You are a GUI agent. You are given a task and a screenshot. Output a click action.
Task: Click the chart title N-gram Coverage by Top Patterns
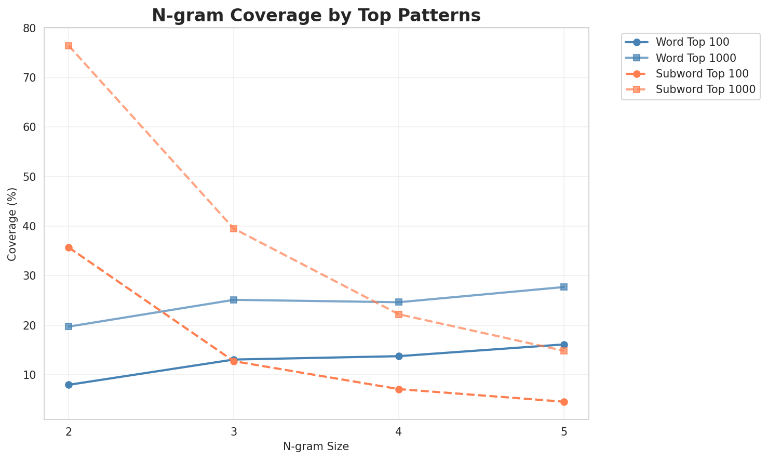[x=316, y=16]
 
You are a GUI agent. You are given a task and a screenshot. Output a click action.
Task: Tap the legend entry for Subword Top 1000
[x=705, y=89]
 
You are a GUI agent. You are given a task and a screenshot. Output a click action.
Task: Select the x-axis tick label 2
[x=69, y=431]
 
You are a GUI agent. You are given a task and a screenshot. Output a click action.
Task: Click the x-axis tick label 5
[x=564, y=431]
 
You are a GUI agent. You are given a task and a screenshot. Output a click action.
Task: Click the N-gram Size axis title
[x=316, y=446]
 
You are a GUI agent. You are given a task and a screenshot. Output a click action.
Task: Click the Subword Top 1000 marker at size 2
[x=69, y=46]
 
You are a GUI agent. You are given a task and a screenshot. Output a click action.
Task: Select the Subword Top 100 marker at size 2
[x=69, y=248]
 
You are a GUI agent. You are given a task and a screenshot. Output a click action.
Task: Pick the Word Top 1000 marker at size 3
[x=234, y=300]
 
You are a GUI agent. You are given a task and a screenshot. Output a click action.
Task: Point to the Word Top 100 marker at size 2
[x=69, y=385]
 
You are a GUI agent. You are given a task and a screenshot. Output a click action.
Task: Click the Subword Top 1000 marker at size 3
[x=234, y=229]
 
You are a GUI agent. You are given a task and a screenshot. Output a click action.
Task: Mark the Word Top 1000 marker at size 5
[x=564, y=287]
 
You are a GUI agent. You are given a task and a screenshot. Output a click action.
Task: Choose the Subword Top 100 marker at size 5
[x=564, y=402]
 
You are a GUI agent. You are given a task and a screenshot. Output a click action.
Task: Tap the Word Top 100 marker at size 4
[x=399, y=356]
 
